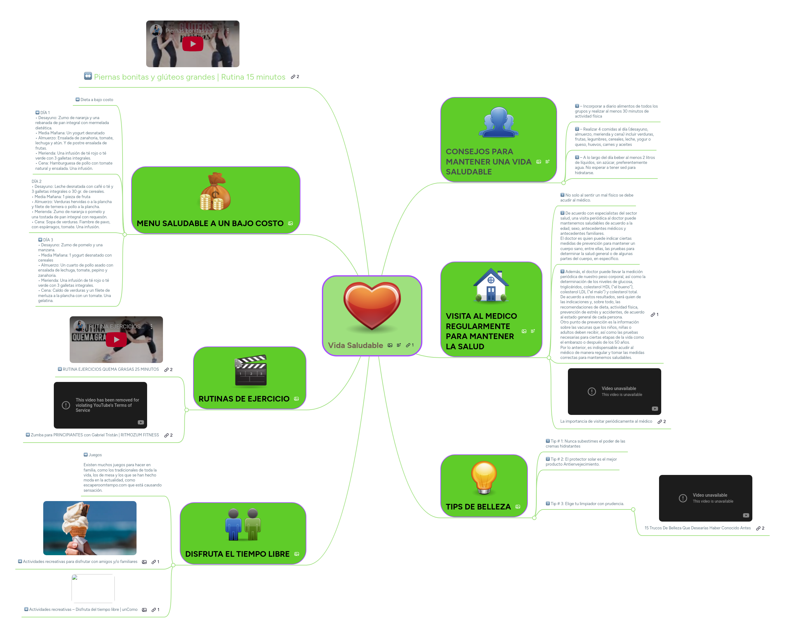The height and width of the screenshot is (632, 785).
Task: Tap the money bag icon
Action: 215,192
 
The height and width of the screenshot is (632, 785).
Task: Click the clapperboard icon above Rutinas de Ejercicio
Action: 251,370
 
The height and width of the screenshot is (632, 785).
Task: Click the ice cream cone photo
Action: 90,527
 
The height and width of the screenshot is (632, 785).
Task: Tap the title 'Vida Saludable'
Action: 355,345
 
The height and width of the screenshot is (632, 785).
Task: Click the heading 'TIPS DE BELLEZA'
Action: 478,506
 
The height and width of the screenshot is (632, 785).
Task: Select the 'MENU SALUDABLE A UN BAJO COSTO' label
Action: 210,223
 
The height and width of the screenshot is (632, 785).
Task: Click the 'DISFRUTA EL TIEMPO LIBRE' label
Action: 237,554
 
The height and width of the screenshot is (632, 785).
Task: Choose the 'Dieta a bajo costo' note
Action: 96,100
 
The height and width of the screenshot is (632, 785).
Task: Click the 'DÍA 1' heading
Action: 45,113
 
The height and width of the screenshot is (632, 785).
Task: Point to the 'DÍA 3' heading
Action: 48,239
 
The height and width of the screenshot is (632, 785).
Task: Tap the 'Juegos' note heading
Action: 95,455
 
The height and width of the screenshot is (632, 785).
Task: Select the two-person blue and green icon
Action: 243,525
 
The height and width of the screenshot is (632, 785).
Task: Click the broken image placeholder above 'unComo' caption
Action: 93,588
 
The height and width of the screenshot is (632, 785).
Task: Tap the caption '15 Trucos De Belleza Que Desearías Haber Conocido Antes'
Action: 697,528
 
